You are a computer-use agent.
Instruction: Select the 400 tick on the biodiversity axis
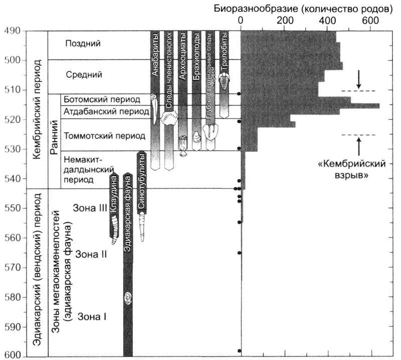coord(328,20)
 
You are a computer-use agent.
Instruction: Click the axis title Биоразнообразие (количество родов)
coord(301,8)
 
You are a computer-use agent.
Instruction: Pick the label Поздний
coord(83,44)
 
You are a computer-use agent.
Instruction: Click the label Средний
coord(84,75)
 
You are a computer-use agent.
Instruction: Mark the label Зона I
coord(91,316)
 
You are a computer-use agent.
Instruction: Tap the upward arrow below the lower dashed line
coord(358,145)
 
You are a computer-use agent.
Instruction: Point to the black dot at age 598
coord(240,350)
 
